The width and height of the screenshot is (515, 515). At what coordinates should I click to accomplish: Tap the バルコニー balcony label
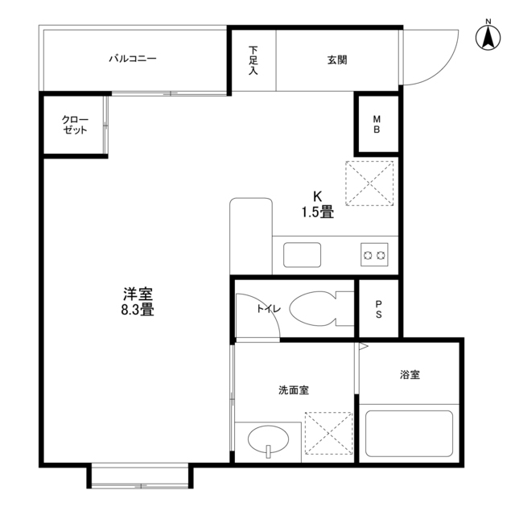pyautogui.click(x=133, y=59)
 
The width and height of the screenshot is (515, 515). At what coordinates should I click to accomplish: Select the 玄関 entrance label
pyautogui.click(x=338, y=60)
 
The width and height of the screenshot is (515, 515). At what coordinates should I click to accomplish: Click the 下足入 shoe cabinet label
pyautogui.click(x=253, y=60)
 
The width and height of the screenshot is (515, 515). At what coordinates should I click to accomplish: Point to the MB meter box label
pyautogui.click(x=377, y=126)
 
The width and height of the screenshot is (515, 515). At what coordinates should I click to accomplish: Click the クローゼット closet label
pyautogui.click(x=75, y=125)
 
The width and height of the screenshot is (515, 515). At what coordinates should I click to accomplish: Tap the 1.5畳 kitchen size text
pyautogui.click(x=317, y=213)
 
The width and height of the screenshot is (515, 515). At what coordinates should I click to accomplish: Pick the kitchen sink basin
pyautogui.click(x=302, y=255)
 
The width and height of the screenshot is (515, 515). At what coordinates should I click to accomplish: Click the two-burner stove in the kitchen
pyautogui.click(x=374, y=255)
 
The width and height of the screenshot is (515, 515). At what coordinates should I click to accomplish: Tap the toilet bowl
pyautogui.click(x=315, y=308)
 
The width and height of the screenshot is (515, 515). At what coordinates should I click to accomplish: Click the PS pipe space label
pyautogui.click(x=378, y=308)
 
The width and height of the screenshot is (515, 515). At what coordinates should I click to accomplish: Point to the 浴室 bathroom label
pyautogui.click(x=410, y=374)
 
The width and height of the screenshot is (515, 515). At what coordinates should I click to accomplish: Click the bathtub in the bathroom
pyautogui.click(x=409, y=434)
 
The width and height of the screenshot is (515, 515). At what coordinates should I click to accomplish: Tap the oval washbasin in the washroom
pyautogui.click(x=268, y=441)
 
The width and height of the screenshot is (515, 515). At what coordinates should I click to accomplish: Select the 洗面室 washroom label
pyautogui.click(x=294, y=390)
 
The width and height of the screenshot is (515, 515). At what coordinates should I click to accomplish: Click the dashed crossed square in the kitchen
pyautogui.click(x=369, y=183)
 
